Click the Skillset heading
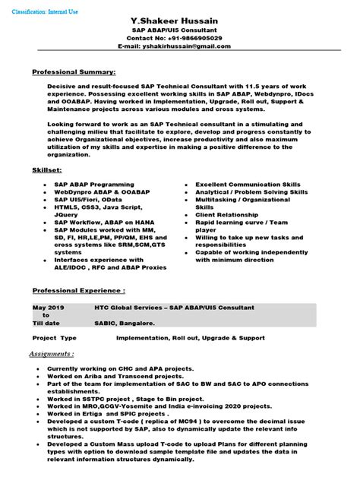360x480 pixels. coord(47,170)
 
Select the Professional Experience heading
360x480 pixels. coord(78,291)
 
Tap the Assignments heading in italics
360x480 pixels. coord(52,354)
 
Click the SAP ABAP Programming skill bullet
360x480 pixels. coord(93,185)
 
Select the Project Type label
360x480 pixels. coord(55,337)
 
